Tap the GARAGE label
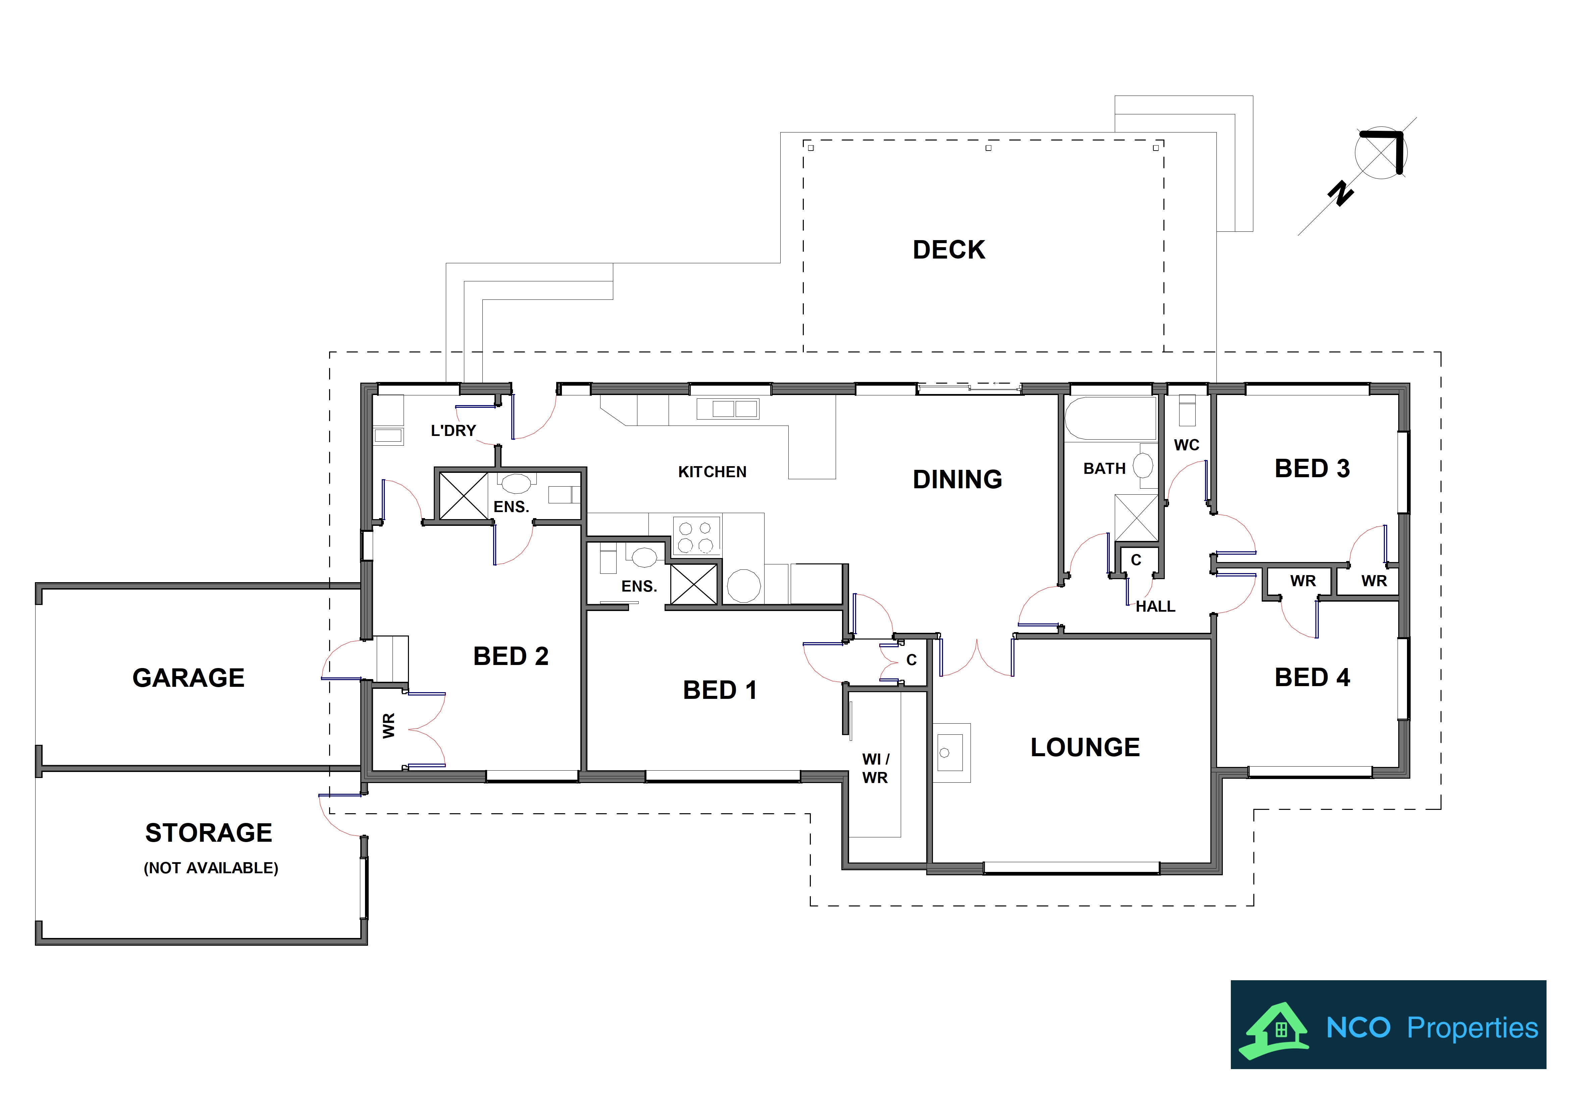pyautogui.click(x=189, y=678)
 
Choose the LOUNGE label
pyautogui.click(x=1085, y=747)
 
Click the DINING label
pyautogui.click(x=957, y=480)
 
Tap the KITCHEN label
pyautogui.click(x=712, y=472)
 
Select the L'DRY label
pyautogui.click(x=453, y=431)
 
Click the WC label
pyautogui.click(x=1186, y=446)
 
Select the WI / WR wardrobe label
pyautogui.click(x=875, y=769)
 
